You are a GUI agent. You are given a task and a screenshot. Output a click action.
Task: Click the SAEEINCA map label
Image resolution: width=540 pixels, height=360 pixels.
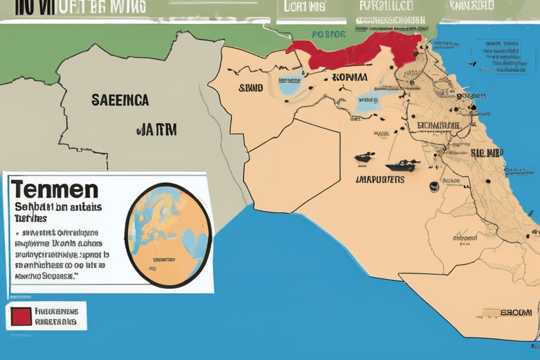click(x=120, y=101)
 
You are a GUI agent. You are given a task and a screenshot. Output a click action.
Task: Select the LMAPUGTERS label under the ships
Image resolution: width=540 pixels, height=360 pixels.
click(x=380, y=179)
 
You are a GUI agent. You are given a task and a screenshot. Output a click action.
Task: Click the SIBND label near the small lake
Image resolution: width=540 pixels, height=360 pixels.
click(x=251, y=89)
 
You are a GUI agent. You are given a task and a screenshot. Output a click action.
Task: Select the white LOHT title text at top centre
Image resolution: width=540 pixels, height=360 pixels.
click(x=304, y=7)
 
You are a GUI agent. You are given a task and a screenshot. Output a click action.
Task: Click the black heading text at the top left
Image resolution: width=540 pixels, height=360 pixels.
click(x=74, y=7)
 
